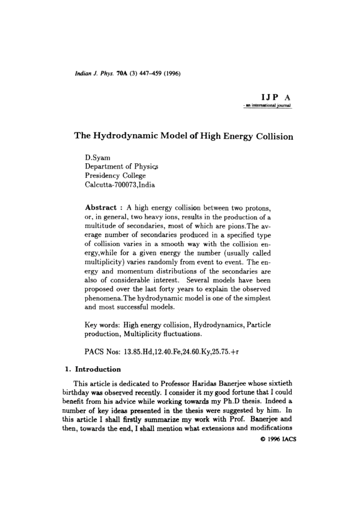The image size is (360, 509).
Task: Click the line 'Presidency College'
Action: [116, 177]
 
